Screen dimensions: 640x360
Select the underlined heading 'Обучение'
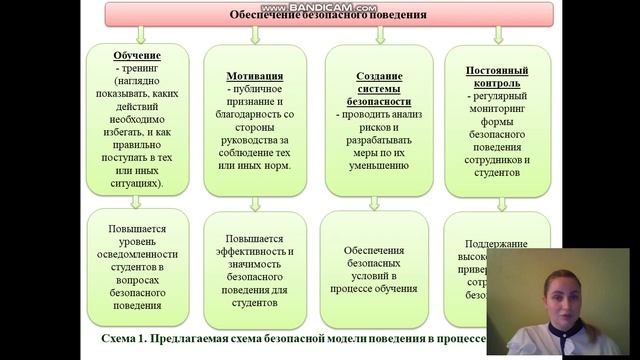click(137, 56)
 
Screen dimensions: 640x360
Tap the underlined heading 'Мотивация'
click(254, 75)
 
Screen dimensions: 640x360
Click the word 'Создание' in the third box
click(379, 76)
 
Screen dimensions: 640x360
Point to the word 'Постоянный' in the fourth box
click(497, 70)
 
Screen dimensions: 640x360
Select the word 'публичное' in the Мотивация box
click(255, 89)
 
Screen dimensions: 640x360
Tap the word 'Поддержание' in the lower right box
click(497, 243)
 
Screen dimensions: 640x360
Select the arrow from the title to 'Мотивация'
click(254, 35)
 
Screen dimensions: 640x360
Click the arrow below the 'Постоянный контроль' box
click(496, 201)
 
